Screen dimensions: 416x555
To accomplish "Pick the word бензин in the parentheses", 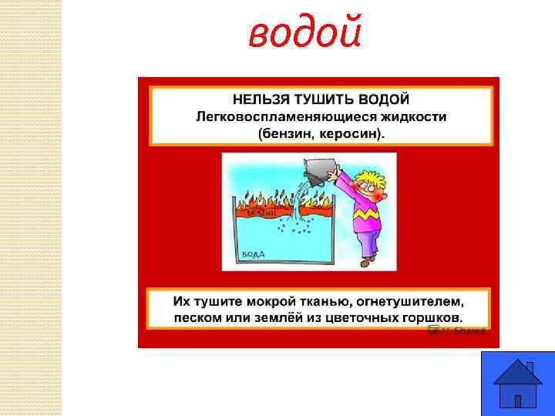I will (286, 133).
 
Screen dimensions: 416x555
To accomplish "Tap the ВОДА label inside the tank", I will (255, 253).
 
